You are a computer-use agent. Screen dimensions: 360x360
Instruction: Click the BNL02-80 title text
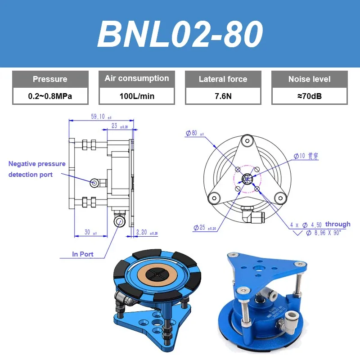[180, 34]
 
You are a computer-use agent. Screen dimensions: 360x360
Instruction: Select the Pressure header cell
[50, 79]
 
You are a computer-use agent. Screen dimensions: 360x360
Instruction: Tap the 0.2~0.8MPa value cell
[50, 96]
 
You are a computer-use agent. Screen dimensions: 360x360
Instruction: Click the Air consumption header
[137, 79]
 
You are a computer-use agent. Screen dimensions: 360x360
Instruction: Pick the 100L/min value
[137, 96]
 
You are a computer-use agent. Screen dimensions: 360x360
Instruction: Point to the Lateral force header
[223, 79]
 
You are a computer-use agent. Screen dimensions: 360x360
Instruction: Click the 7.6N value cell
[223, 96]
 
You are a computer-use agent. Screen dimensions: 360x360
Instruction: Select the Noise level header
[309, 79]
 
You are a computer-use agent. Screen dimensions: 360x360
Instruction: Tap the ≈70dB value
[309, 96]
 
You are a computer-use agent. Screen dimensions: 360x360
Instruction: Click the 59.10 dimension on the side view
[98, 117]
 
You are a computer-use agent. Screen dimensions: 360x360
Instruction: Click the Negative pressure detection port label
[37, 169]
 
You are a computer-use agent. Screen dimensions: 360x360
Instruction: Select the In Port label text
[83, 254]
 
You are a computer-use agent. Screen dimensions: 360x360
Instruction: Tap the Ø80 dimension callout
[194, 134]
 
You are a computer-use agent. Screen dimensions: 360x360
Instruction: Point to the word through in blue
[337, 224]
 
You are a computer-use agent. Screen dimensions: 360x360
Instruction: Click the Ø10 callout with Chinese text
[306, 156]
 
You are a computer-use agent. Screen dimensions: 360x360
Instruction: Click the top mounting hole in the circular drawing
[246, 141]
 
